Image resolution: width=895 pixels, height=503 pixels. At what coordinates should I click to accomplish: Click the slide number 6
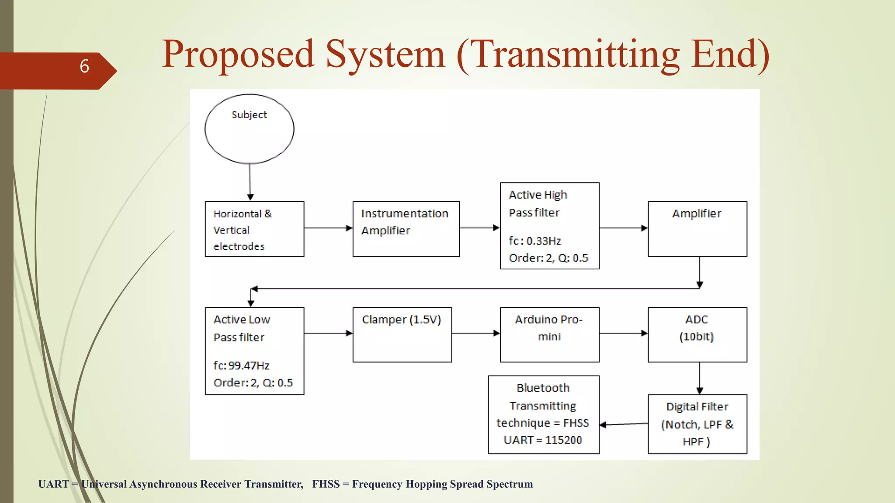[x=84, y=66]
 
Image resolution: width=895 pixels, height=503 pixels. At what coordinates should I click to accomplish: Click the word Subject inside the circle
[x=249, y=115]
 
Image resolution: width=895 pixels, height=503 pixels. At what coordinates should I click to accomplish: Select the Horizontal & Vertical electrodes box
[x=254, y=229]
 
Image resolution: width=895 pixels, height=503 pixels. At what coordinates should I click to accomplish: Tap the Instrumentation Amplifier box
[x=406, y=229]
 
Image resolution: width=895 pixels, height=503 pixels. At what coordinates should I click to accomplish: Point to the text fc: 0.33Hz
[x=534, y=241]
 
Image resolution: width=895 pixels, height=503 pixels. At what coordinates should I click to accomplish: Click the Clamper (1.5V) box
[x=402, y=334]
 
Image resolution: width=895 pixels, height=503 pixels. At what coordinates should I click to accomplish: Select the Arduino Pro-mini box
[x=549, y=334]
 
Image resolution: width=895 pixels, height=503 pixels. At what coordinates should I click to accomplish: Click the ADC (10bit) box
[x=697, y=334]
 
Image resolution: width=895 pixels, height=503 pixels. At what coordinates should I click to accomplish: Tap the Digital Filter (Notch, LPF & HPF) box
[x=697, y=424]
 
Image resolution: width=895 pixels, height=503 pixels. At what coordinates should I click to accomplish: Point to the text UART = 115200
[x=543, y=440]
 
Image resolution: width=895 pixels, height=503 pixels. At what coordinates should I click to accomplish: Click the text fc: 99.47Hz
[x=241, y=365]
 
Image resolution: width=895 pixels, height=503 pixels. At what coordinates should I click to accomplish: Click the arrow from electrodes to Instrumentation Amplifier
[x=328, y=228]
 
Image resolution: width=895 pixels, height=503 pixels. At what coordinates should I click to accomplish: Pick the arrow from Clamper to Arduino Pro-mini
[x=475, y=333]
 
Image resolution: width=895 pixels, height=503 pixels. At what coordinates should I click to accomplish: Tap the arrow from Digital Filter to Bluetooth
[x=624, y=424]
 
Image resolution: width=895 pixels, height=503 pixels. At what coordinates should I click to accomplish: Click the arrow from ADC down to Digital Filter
[x=700, y=378]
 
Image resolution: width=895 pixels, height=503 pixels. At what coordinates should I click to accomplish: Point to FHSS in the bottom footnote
[x=326, y=484]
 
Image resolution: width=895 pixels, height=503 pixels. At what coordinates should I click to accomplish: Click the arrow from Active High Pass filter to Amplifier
[x=623, y=228]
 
